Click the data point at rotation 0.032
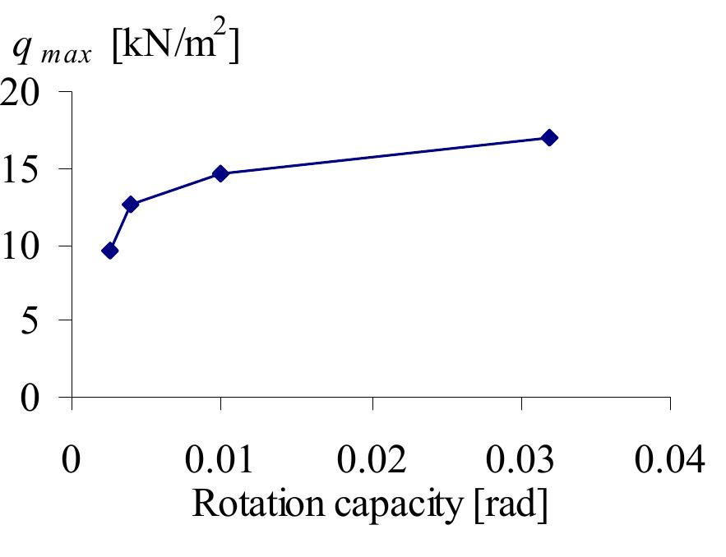point(549,137)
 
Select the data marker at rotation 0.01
point(220,173)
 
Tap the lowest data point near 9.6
point(109,251)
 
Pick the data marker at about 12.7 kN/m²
point(130,204)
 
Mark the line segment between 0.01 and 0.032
point(385,155)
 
